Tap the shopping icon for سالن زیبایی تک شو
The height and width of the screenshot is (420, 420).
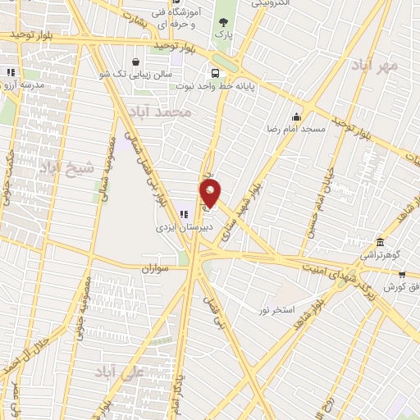[x=135, y=61]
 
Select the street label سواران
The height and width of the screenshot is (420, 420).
[x=153, y=268]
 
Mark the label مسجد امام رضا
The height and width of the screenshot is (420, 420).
[x=302, y=130]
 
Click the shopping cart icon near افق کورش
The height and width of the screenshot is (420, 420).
[x=402, y=273]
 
